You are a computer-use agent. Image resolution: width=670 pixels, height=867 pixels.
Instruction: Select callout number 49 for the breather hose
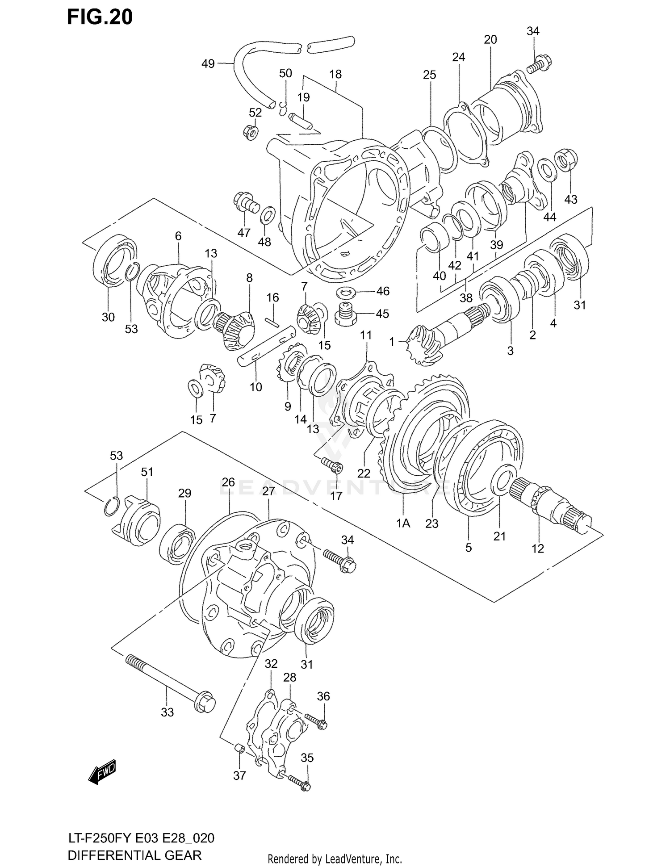point(208,64)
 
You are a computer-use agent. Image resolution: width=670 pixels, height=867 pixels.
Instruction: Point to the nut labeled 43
point(566,161)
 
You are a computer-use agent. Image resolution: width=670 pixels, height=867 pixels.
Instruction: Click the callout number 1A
point(403,523)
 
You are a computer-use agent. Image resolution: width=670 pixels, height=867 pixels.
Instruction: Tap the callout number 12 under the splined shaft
point(537,549)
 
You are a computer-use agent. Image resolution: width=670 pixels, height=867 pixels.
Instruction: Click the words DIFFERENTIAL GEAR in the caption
point(134,855)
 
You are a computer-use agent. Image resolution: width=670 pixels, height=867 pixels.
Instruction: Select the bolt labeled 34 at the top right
point(540,63)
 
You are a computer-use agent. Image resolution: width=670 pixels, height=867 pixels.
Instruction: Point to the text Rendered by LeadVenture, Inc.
point(335,859)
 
